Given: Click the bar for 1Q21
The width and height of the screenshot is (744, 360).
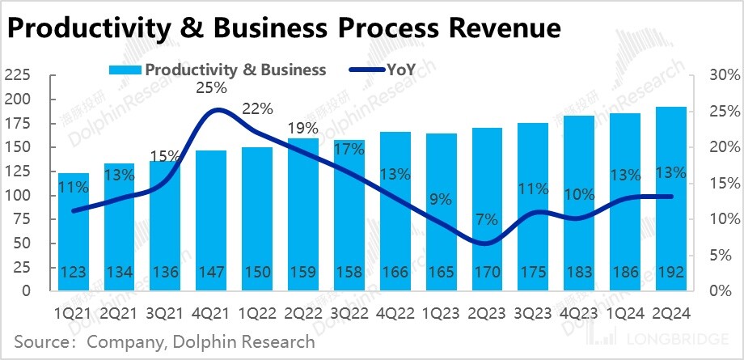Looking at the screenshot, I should coord(74,235).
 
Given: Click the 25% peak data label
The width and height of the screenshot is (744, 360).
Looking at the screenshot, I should coord(210,87).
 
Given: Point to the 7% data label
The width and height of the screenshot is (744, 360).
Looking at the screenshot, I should coord(485,220).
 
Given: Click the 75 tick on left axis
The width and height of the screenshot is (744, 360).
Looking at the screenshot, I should coord(22,219).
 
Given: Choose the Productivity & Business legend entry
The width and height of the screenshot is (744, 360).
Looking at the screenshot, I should coord(235,70).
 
